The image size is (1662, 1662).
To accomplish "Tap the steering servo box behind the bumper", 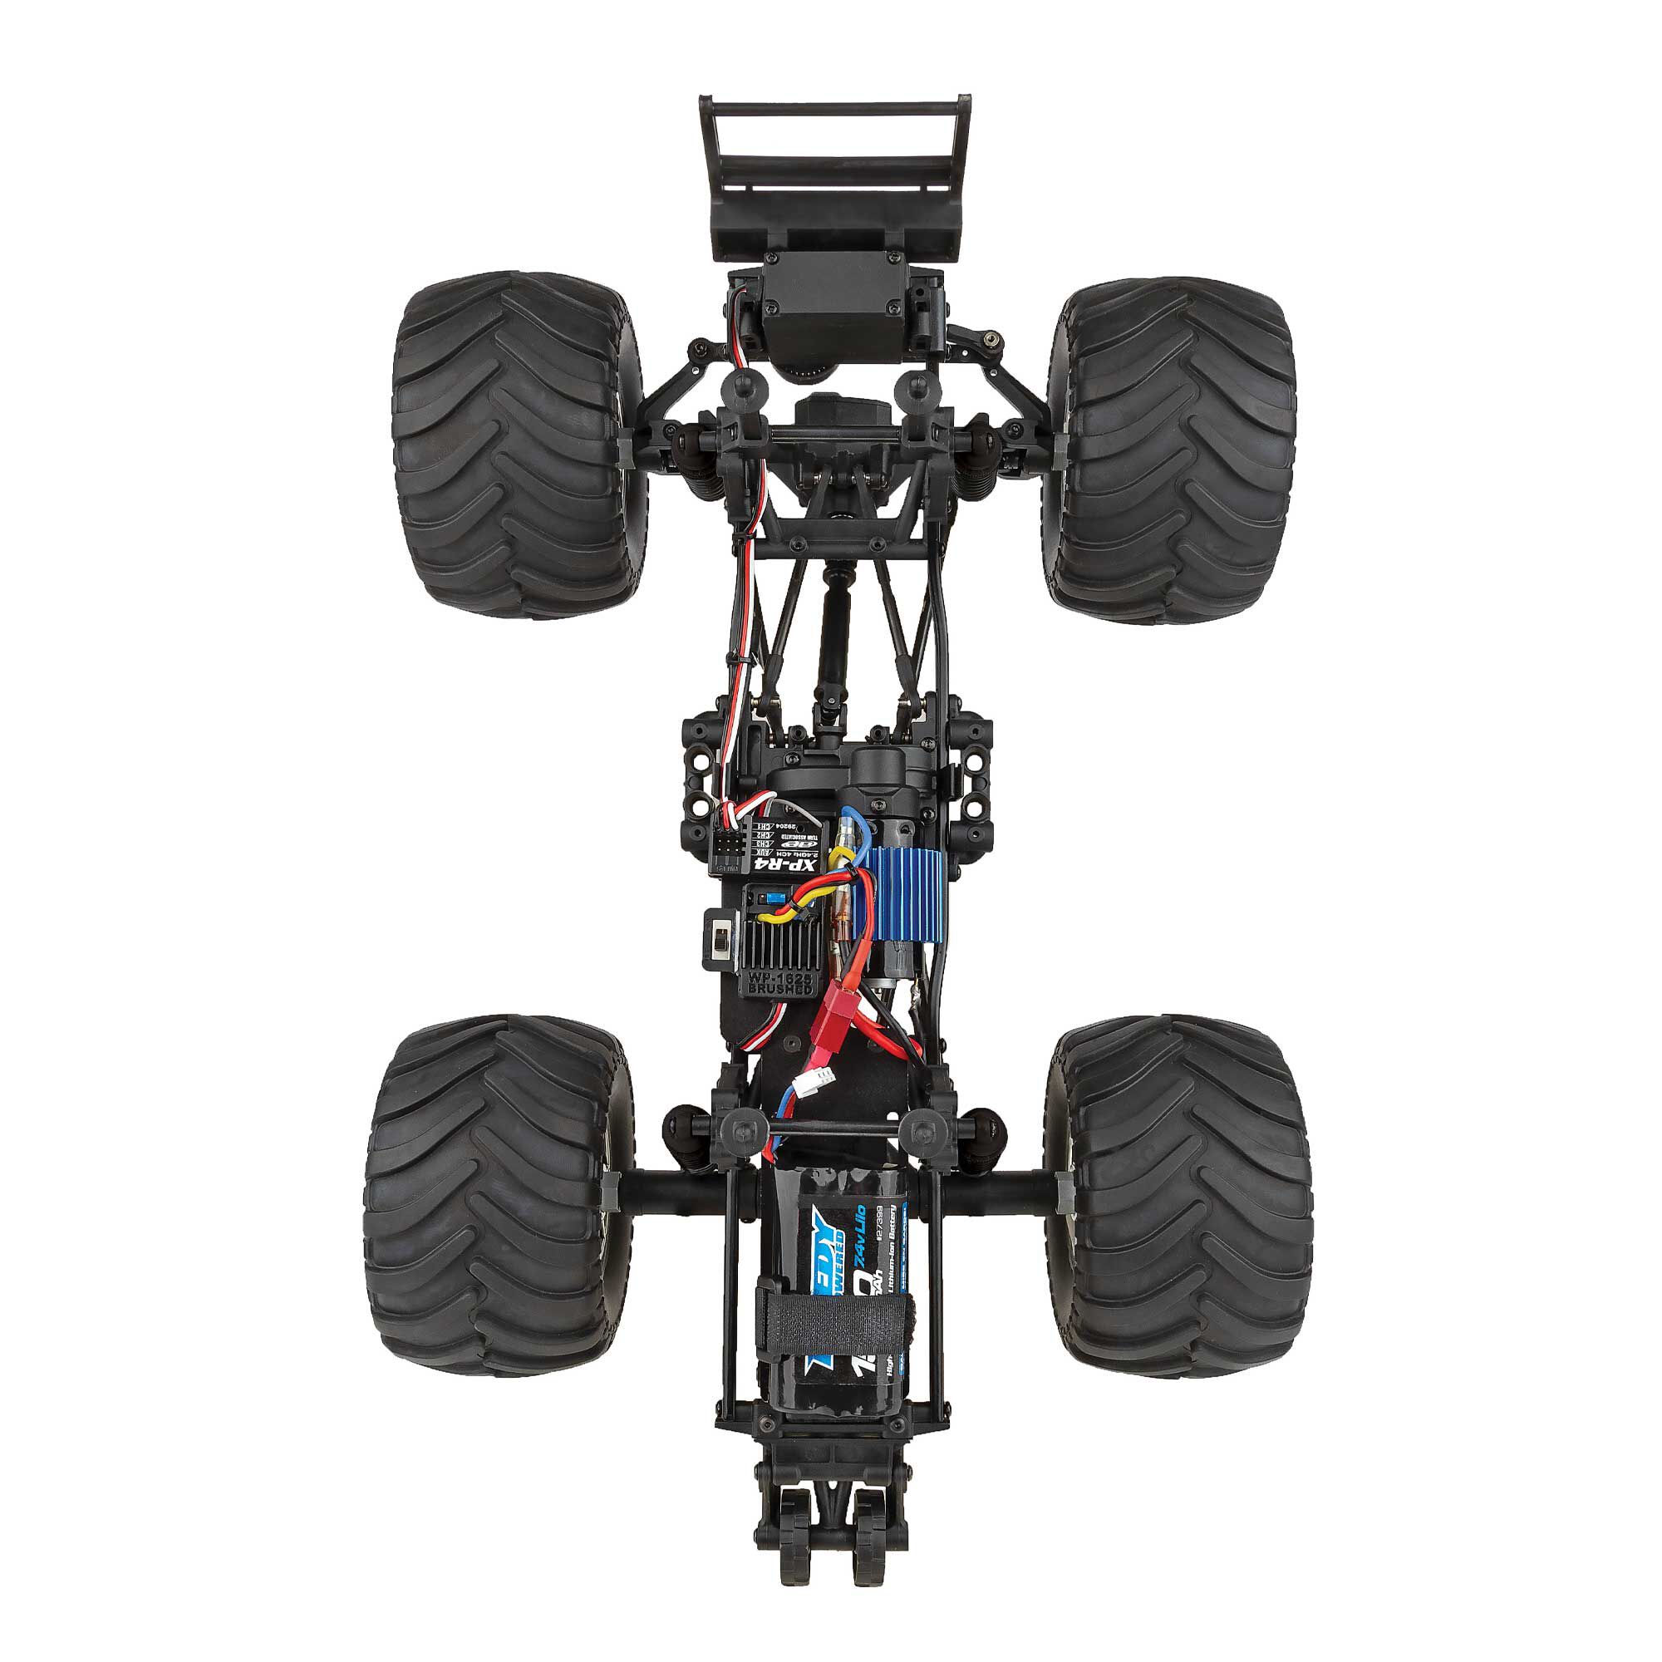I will pos(829,301).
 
